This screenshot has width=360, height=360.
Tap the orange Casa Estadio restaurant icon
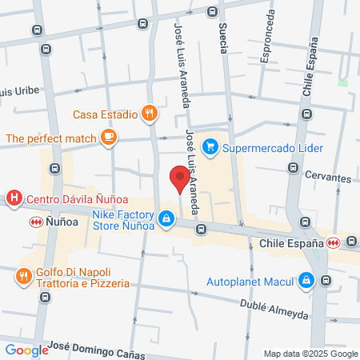148,114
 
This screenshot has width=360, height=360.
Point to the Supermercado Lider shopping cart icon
210,146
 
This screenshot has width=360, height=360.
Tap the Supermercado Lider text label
273,148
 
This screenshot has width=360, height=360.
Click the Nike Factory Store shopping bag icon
166,218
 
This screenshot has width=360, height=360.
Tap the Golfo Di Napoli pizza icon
22,277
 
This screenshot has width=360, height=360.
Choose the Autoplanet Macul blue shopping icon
306,281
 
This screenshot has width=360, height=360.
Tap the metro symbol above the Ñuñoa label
35,221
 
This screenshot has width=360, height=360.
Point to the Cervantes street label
327,178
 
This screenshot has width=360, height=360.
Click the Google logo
26,349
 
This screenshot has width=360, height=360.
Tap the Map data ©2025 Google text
311,354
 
